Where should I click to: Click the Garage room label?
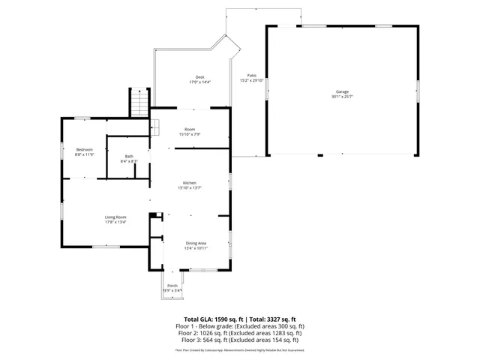point(342,92)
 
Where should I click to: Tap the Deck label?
point(199,77)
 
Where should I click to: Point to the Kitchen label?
point(190,183)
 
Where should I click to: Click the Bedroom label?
point(84,149)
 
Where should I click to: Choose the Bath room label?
point(129,157)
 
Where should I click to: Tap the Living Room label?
point(115,217)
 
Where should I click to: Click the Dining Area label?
point(196,243)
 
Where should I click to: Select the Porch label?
point(172,286)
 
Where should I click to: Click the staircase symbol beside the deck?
point(138,102)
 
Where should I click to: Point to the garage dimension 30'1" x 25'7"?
point(342,97)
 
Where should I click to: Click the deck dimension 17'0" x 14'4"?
point(199,82)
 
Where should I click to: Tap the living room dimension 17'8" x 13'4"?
point(115,221)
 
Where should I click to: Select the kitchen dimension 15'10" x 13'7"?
point(190,187)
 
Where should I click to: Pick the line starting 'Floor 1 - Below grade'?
point(239,326)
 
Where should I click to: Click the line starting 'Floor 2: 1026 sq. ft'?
point(239,333)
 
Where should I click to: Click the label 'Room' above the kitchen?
point(190,130)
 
